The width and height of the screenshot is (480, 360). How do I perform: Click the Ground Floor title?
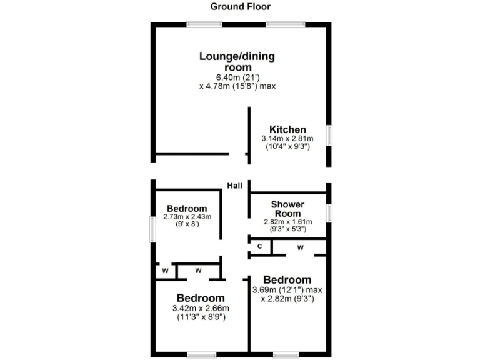pos(241,7)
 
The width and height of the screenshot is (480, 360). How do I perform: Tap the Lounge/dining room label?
pos(237,61)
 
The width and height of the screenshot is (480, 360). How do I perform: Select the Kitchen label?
pos(287,129)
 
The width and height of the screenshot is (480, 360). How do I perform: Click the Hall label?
pos(235,185)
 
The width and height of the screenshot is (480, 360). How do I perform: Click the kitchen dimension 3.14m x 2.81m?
pos(287,138)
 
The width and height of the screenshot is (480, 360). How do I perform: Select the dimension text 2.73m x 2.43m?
pos(187,217)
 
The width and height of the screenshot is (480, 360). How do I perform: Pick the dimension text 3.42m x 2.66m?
pos(200,308)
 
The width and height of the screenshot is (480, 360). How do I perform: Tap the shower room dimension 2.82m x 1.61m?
pos(287,221)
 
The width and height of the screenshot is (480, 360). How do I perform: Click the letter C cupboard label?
pos(259,247)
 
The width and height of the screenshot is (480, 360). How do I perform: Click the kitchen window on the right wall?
pos(329,136)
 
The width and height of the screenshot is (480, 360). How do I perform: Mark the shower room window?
pos(329,212)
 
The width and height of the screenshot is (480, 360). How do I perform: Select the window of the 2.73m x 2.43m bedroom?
pos(152,229)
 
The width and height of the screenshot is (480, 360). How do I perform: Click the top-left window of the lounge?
pos(204,24)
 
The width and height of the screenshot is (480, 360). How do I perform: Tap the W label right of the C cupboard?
pos(300,247)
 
